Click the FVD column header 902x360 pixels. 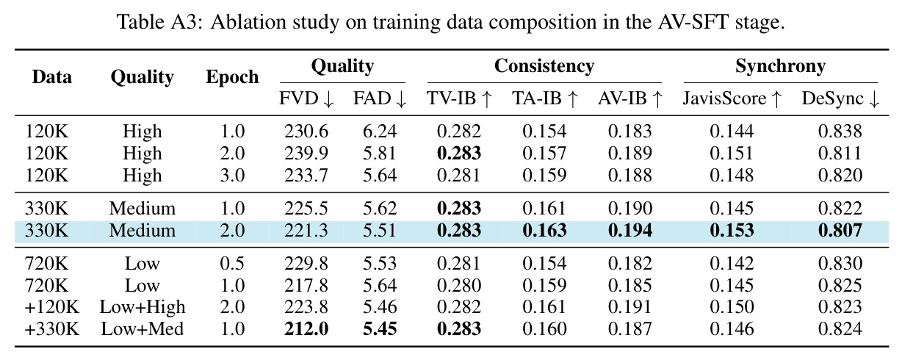pyautogui.click(x=306, y=98)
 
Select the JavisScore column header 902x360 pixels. pyautogui.click(x=732, y=98)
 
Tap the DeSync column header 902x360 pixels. pyautogui.click(x=840, y=98)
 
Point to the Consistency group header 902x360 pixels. pyautogui.click(x=544, y=66)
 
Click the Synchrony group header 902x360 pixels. pyautogui.click(x=780, y=66)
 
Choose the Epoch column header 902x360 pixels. pyautogui.click(x=232, y=77)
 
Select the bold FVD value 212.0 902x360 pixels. pyautogui.click(x=306, y=329)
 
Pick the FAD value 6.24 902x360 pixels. pyautogui.click(x=380, y=132)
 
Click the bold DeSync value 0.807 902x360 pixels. pyautogui.click(x=840, y=231)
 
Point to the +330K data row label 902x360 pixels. pyautogui.click(x=52, y=329)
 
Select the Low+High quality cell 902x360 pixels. pyautogui.click(x=142, y=307)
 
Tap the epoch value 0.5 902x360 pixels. pyautogui.click(x=232, y=263)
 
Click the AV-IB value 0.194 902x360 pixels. pyautogui.click(x=629, y=231)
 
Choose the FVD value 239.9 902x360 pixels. pyautogui.click(x=306, y=154)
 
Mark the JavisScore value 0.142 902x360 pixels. pyautogui.click(x=732, y=263)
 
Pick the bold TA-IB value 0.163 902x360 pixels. pyautogui.click(x=544, y=231)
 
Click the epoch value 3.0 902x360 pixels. pyautogui.click(x=232, y=176)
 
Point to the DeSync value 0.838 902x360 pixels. pyautogui.click(x=840, y=132)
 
